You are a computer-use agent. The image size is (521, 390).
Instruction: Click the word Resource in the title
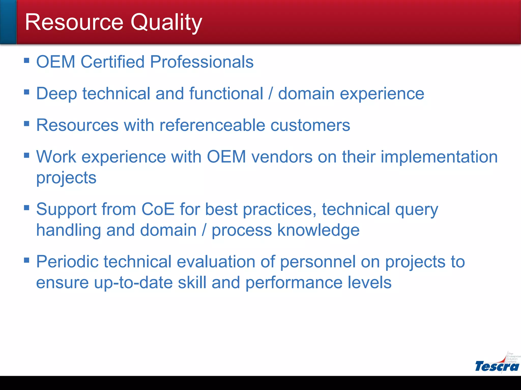[x=74, y=22]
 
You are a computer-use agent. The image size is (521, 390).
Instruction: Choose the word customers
[x=310, y=125]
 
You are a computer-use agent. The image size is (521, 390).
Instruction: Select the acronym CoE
[x=158, y=209]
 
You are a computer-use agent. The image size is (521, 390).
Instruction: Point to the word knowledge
[x=318, y=231]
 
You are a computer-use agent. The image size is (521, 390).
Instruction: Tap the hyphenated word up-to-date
[x=133, y=283]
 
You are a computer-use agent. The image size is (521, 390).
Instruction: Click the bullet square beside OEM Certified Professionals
[x=26, y=60]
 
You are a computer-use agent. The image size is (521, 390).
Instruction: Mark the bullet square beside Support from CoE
[x=26, y=208]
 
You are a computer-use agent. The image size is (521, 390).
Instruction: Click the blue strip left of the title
[x=8, y=22]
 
